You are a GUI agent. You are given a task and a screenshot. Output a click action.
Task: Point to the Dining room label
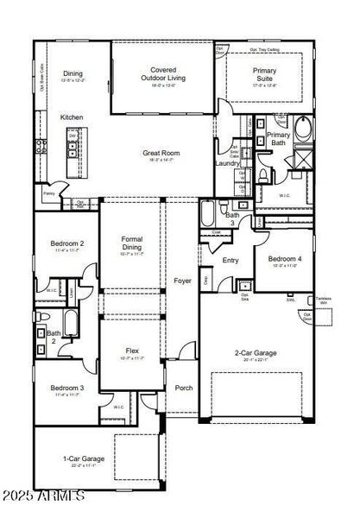tap(73, 74)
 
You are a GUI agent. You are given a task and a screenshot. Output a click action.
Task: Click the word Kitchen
tap(72, 117)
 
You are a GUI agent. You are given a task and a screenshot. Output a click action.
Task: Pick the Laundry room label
tap(227, 162)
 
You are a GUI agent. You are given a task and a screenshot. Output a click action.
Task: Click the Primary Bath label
tap(278, 139)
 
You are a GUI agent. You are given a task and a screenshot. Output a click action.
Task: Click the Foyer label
tap(181, 281)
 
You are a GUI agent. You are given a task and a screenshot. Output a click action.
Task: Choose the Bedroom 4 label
tap(284, 259)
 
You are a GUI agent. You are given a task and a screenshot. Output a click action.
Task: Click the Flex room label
tap(132, 351)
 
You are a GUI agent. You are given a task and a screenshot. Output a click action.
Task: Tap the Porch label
tap(183, 388)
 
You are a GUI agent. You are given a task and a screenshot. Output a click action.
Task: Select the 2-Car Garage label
tap(256, 353)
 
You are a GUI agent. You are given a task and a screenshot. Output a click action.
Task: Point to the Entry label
tap(231, 260)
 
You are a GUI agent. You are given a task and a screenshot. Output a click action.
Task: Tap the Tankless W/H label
tap(322, 301)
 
